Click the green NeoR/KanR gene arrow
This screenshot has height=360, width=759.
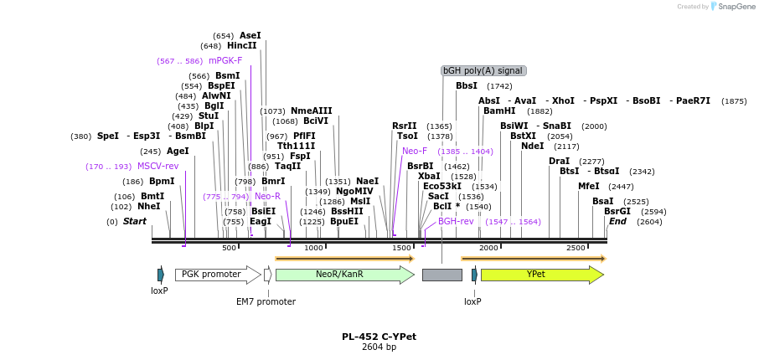coord(343,275)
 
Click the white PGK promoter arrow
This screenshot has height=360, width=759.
coord(216,275)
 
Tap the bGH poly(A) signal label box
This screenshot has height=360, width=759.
coord(483,71)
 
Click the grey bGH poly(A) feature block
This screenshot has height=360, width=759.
coord(441,275)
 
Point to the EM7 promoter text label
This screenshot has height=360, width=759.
coord(266,301)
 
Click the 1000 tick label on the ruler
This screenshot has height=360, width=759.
coord(313,248)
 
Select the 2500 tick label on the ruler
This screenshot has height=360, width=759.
coord(576,248)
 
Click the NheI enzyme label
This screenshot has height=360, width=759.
coord(148,206)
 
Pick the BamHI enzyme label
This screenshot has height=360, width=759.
coord(499,111)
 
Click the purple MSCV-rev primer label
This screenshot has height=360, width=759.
coord(157,166)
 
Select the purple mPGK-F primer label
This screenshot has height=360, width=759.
coord(225,60)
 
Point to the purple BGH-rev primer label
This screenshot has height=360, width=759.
coord(456,221)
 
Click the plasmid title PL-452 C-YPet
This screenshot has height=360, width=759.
coord(379,337)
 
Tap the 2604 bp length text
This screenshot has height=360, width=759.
coord(379,347)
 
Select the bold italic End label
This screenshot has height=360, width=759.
coord(617,221)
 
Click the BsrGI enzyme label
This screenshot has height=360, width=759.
coord(617,211)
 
